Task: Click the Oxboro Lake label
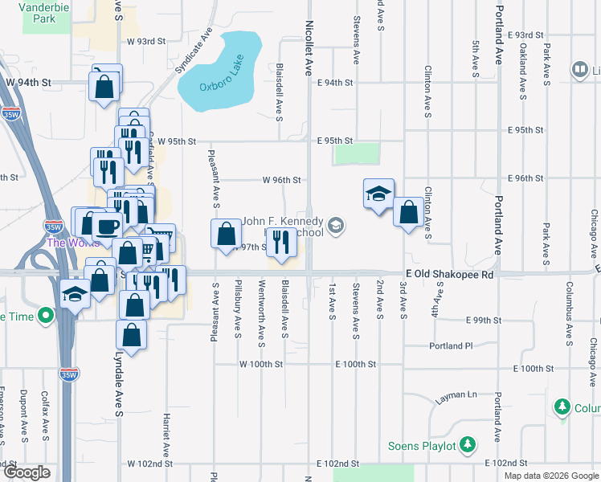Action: click(221, 86)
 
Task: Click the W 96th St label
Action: click(281, 180)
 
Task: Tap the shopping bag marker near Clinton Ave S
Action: click(409, 214)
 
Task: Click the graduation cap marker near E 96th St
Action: click(378, 194)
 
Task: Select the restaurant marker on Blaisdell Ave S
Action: click(280, 242)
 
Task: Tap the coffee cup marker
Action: click(107, 226)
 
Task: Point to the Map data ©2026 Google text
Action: click(550, 476)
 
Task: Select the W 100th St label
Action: click(261, 364)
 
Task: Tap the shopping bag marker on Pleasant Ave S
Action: click(227, 234)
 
